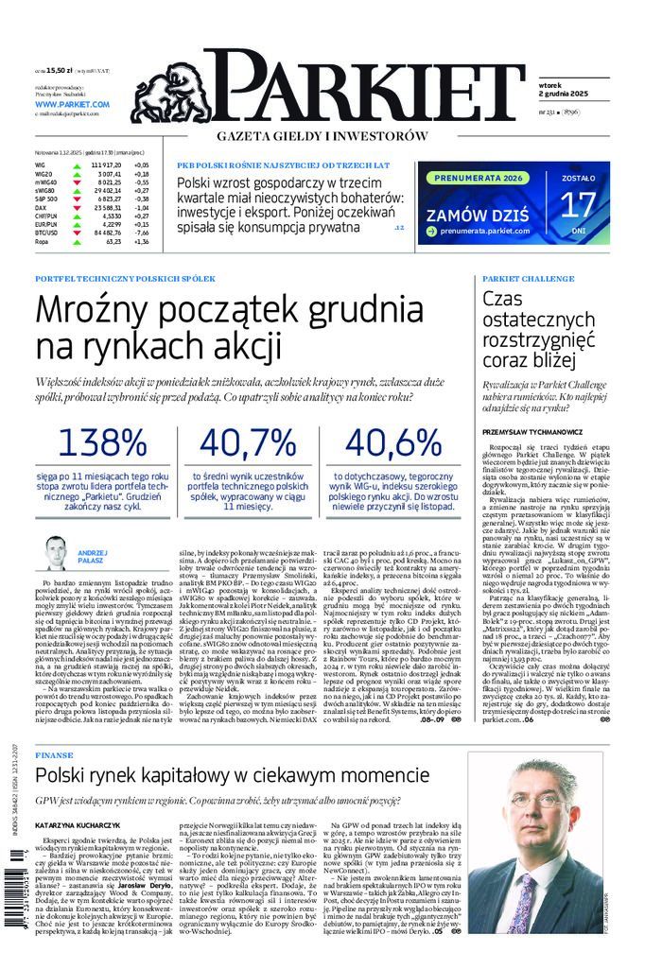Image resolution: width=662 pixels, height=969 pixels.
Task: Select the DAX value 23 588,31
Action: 106,207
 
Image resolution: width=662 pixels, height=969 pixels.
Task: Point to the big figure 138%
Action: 101,441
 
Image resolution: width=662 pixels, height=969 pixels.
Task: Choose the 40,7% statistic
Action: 248,441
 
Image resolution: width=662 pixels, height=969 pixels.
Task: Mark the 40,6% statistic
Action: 394,441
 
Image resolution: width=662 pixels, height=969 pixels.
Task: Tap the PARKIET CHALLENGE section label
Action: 529,280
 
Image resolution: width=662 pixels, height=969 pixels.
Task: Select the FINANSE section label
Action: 53,756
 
